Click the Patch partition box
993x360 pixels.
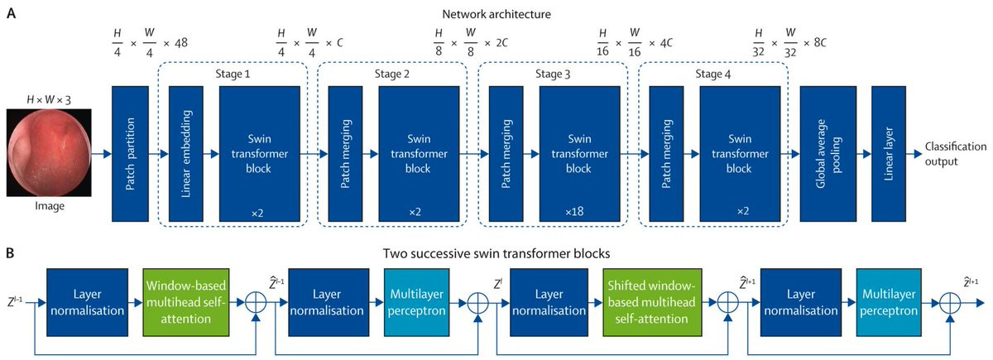(130, 153)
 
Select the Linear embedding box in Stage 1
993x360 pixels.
(186, 153)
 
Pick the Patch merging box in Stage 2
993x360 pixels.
(347, 153)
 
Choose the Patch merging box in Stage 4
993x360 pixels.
(667, 153)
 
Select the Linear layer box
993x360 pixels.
(888, 153)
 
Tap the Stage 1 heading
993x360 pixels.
(233, 72)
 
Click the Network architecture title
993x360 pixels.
(496, 14)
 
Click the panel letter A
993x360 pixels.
(11, 15)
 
